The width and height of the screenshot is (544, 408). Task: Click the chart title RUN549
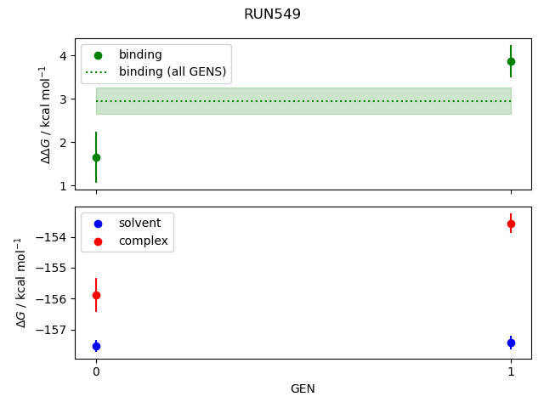(x=272, y=14)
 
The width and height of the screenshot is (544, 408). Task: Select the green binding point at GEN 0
(x=96, y=157)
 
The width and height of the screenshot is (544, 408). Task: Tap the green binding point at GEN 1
(x=511, y=61)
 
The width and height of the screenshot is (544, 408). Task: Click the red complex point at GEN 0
(x=96, y=295)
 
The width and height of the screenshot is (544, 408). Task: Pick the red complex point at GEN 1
(x=511, y=224)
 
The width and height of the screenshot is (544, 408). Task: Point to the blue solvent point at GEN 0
(x=96, y=346)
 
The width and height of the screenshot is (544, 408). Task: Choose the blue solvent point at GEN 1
(x=511, y=343)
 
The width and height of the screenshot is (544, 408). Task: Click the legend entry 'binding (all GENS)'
(x=173, y=71)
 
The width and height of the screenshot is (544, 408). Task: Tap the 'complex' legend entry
(x=143, y=241)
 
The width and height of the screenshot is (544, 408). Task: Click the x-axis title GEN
(x=303, y=388)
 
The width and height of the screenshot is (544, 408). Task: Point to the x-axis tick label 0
(x=96, y=371)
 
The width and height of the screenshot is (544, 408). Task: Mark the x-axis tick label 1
(x=511, y=371)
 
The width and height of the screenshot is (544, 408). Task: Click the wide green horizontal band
(x=303, y=101)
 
